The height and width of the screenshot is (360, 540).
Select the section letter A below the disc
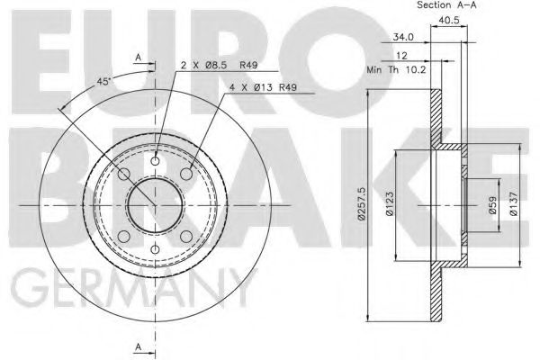pos(138,346)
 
